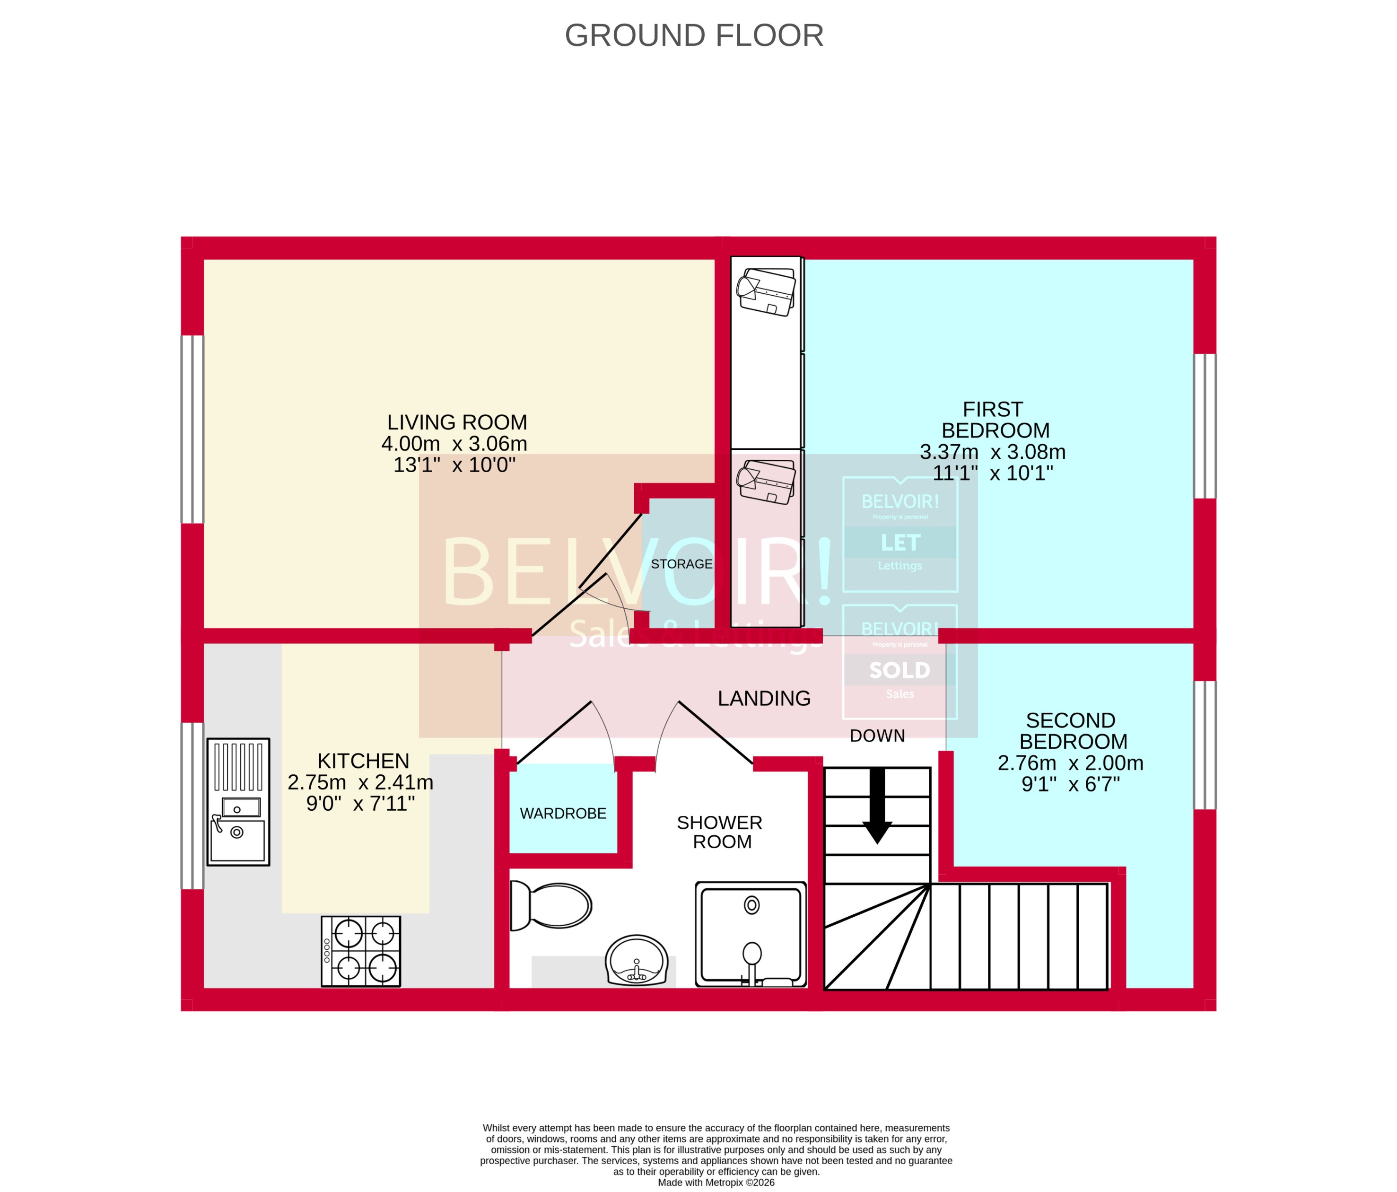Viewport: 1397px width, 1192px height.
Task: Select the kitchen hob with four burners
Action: click(x=361, y=951)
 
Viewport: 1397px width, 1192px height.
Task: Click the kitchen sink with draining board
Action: click(x=238, y=802)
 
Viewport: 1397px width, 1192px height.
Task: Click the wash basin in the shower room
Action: click(x=637, y=960)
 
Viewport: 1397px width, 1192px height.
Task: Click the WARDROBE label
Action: click(x=563, y=814)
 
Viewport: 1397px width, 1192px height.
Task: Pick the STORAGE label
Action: click(x=681, y=564)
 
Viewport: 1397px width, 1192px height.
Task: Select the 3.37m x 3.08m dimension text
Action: click(x=993, y=452)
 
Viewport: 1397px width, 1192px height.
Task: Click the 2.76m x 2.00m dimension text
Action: click(x=1070, y=763)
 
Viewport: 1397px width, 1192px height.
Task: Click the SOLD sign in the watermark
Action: click(x=899, y=670)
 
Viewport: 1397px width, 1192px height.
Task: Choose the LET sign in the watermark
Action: click(x=900, y=543)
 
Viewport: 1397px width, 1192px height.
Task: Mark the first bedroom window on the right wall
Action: click(x=1205, y=426)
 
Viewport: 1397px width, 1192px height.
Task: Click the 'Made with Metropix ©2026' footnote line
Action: click(x=716, y=1182)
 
